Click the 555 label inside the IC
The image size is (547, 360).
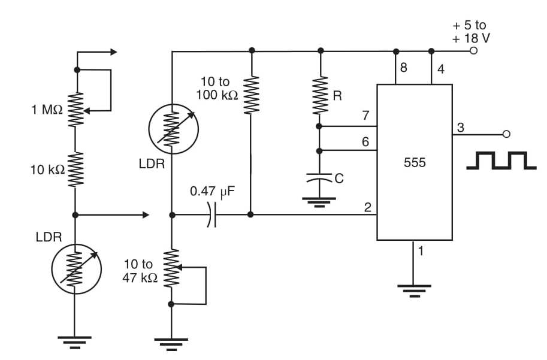[x=415, y=162]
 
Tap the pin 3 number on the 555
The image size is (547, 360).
[x=460, y=127]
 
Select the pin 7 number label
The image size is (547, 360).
[x=365, y=116]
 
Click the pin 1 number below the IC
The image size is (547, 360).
[x=421, y=251]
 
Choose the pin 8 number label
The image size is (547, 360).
[x=403, y=68]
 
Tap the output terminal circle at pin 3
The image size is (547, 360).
[x=506, y=134]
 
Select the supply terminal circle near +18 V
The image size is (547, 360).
[x=473, y=51]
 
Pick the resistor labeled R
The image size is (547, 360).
[x=320, y=95]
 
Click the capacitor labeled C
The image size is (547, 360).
[x=320, y=178]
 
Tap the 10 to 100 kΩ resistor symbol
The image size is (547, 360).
[x=251, y=95]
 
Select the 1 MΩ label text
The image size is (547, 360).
[x=46, y=109]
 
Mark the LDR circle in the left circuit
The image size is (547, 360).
[x=75, y=268]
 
